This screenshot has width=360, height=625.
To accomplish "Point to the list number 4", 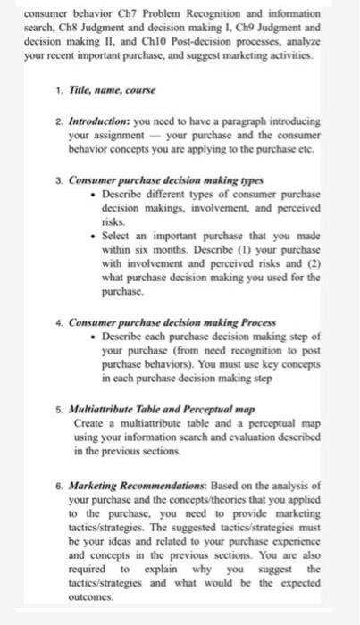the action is pos(59,321).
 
